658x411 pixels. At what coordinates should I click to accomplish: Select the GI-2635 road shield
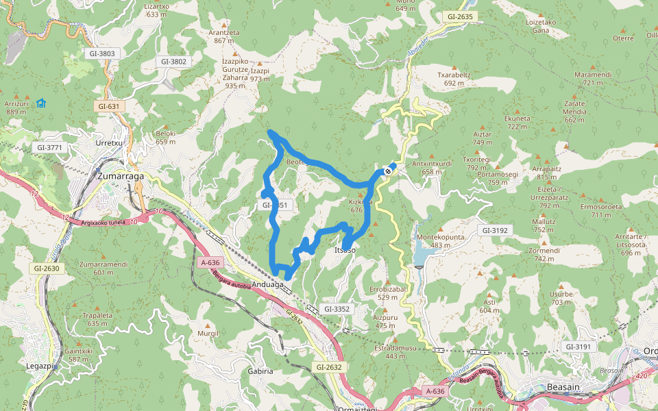pyautogui.click(x=460, y=16)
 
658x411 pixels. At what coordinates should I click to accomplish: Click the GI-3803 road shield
pyautogui.click(x=101, y=53)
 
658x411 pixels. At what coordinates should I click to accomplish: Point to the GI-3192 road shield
pyautogui.click(x=494, y=231)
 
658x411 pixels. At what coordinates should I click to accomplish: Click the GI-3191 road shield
pyautogui.click(x=578, y=347)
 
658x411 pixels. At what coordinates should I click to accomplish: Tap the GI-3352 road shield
pyautogui.click(x=337, y=309)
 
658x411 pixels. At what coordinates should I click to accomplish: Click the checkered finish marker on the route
pyautogui.click(x=389, y=171)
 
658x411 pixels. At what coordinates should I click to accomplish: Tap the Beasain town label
pyautogui.click(x=564, y=387)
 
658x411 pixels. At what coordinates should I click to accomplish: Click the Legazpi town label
pyautogui.click(x=40, y=367)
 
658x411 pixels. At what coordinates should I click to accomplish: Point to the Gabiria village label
pyautogui.click(x=260, y=371)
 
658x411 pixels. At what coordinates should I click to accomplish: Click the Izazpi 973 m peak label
pyautogui.click(x=260, y=75)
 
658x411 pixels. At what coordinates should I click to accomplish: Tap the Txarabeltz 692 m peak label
pyautogui.click(x=459, y=79)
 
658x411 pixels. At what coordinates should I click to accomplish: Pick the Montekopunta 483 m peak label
pyautogui.click(x=441, y=240)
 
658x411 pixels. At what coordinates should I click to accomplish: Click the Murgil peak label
pyautogui.click(x=208, y=333)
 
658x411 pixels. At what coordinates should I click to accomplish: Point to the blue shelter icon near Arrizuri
pyautogui.click(x=41, y=103)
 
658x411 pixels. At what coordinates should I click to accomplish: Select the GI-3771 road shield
pyautogui.click(x=51, y=147)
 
